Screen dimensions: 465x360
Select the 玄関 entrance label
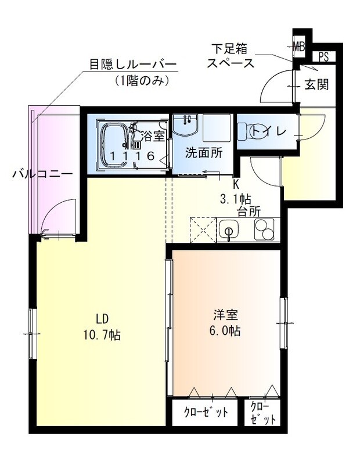pyautogui.click(x=316, y=84)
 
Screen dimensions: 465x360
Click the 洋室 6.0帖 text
pyautogui.click(x=225, y=323)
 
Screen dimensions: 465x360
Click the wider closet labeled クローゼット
pyautogui.click(x=206, y=413)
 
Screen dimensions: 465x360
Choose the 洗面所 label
pyautogui.click(x=204, y=154)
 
